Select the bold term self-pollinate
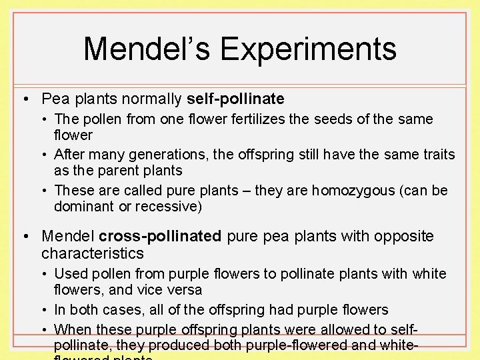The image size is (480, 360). (x=235, y=99)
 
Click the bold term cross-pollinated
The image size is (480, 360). (x=160, y=237)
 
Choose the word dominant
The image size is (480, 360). (x=83, y=207)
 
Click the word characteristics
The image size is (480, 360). (x=93, y=253)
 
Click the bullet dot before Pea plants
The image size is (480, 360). (x=25, y=100)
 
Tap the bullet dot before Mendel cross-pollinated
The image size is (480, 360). (x=25, y=237)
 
